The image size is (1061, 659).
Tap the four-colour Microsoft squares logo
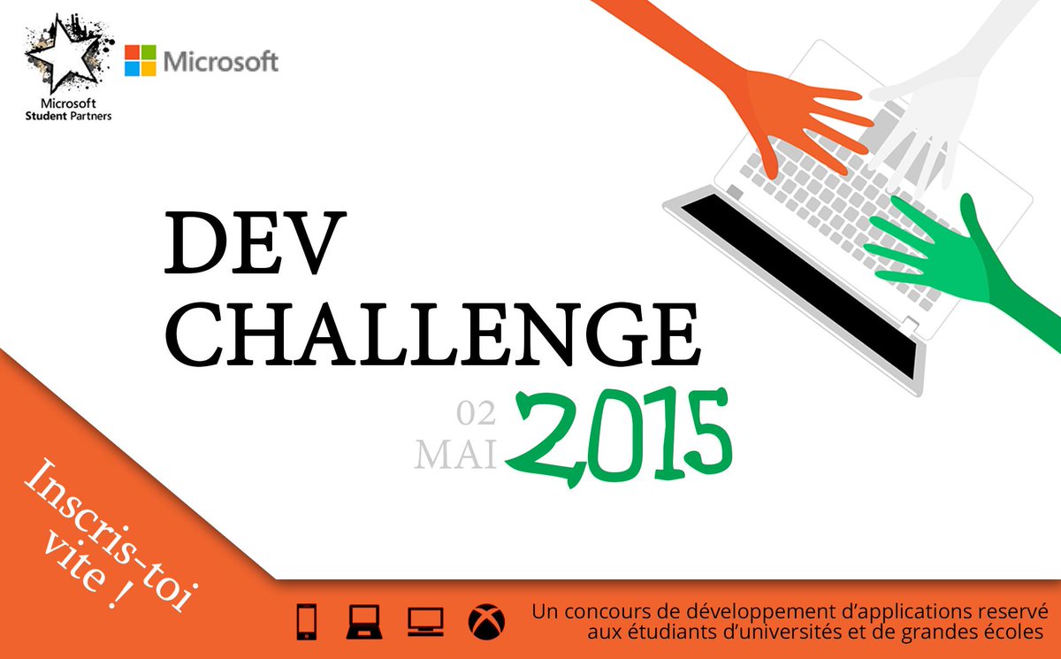(x=140, y=61)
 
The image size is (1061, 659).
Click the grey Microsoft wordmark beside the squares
(x=221, y=61)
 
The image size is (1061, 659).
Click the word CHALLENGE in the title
(x=432, y=333)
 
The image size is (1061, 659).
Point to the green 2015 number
(x=619, y=434)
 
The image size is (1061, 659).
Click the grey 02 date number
(x=476, y=412)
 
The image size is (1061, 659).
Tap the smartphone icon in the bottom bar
(x=304, y=621)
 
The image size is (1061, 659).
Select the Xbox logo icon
(x=484, y=621)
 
